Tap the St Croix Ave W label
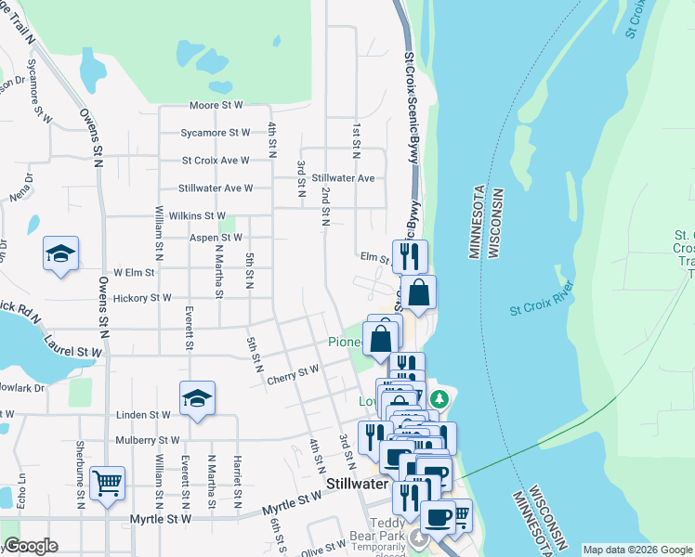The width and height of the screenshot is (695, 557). click(x=216, y=160)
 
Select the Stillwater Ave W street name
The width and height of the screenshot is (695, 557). click(x=216, y=188)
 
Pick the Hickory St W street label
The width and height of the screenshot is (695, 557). click(x=142, y=298)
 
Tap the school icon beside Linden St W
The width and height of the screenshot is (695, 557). click(x=197, y=397)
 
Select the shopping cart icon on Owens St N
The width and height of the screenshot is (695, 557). click(x=108, y=483)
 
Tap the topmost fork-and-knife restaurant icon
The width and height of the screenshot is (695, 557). click(x=410, y=254)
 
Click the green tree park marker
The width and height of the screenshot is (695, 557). click(x=439, y=399)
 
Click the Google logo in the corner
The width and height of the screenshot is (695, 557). click(x=30, y=546)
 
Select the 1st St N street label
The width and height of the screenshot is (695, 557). click(x=355, y=135)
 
